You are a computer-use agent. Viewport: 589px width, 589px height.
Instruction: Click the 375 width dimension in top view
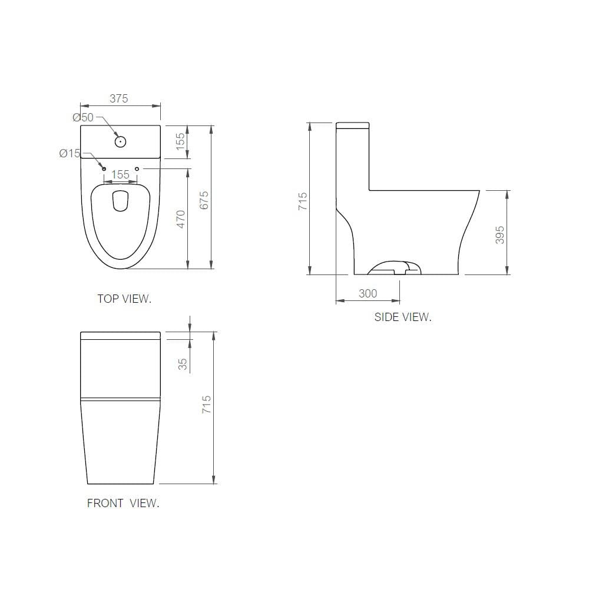pos(119,98)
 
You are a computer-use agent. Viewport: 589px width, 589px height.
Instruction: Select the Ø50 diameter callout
pos(83,117)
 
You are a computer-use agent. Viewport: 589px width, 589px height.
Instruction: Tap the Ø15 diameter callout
pos(70,153)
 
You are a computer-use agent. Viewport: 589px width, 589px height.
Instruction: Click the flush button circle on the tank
pos(120,141)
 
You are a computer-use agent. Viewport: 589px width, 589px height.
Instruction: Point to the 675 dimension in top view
pos(204,200)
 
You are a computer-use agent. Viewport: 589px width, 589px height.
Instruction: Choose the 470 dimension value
pos(181,219)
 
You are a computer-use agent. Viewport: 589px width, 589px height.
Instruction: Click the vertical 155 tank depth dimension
pos(180,141)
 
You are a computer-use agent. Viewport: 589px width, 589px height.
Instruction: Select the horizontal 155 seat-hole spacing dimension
pos(120,175)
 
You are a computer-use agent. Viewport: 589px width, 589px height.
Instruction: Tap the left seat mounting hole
pos(104,169)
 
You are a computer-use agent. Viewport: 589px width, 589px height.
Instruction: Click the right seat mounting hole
pos(137,169)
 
